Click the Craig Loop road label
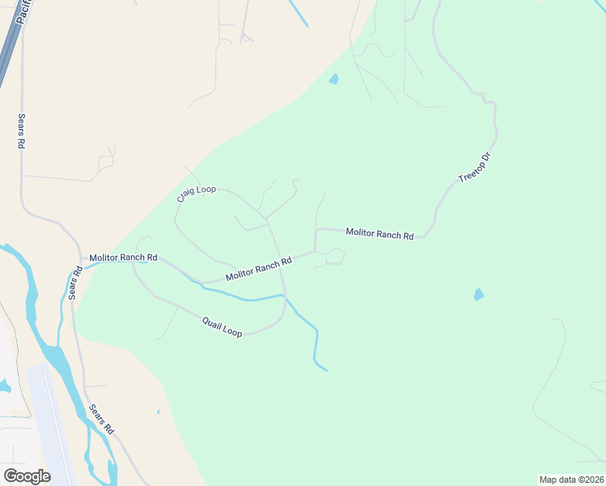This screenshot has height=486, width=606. (x=196, y=194)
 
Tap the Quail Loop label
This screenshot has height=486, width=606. (x=222, y=327)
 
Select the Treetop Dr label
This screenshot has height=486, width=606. (x=475, y=167)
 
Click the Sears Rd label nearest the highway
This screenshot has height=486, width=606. (x=21, y=130)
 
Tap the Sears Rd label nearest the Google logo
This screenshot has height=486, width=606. (x=101, y=420)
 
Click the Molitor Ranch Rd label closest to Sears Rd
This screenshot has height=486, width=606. (x=123, y=257)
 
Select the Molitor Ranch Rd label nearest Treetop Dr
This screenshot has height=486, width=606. (x=379, y=234)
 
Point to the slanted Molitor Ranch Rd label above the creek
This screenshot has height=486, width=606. (x=258, y=269)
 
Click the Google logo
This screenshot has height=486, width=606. (x=27, y=476)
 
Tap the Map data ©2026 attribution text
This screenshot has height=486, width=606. (x=571, y=480)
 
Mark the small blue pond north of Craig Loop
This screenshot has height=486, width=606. (x=334, y=79)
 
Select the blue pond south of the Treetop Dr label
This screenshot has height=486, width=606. (x=479, y=295)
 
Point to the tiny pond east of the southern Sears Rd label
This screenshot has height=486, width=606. (x=158, y=412)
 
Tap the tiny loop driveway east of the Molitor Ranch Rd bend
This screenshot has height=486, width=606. (x=334, y=257)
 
